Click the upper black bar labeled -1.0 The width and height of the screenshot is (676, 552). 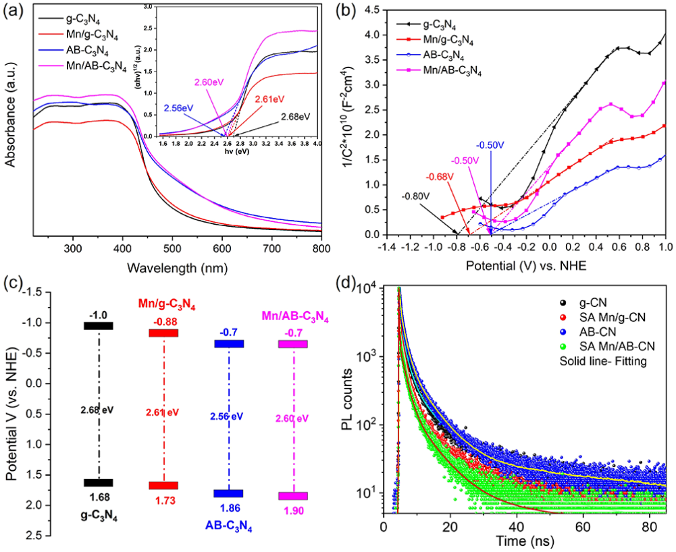pyautogui.click(x=99, y=325)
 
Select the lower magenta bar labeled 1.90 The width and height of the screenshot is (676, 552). pyautogui.click(x=294, y=496)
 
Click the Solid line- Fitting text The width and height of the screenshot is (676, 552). pyautogui.click(x=598, y=360)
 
